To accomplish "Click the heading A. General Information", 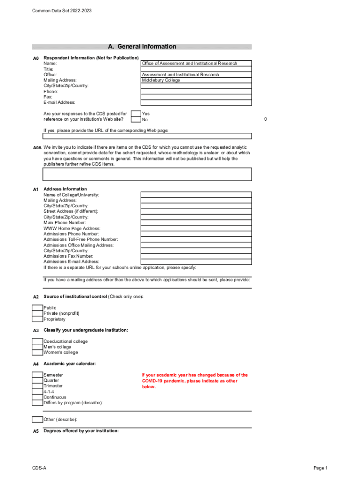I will tap(142, 47).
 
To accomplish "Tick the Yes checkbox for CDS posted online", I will tap(136, 114).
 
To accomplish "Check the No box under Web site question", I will tap(136, 120).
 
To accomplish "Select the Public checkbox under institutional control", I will tap(37, 308).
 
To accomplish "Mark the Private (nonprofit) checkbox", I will tap(37, 314).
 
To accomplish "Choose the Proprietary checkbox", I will tap(37, 319).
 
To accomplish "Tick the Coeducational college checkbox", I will tap(37, 341).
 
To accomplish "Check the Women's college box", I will tap(37, 353).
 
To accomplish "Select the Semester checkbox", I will tap(37, 375).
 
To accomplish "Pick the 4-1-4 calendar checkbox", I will tap(37, 392).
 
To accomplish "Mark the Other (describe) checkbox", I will tap(37, 420).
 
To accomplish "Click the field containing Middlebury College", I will tap(196, 80).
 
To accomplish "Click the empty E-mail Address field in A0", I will tap(196, 103).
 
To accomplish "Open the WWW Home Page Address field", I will tap(196, 228).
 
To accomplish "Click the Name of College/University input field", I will tap(196, 195).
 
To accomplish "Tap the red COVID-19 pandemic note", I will tap(195, 381).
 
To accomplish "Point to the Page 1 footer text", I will tap(321, 468).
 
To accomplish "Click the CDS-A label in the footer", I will tap(39, 468).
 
